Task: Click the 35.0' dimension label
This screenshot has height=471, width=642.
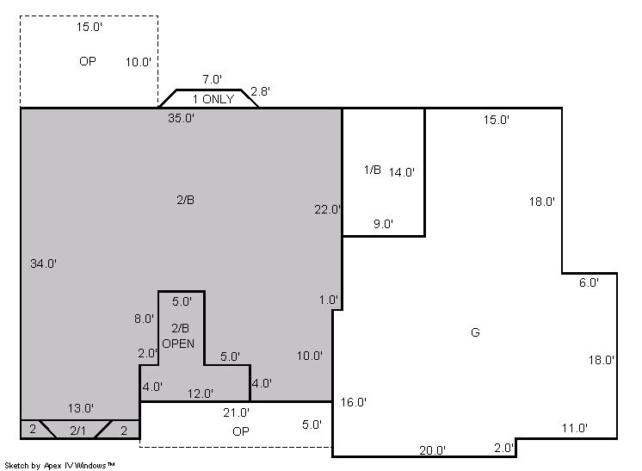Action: click(181, 118)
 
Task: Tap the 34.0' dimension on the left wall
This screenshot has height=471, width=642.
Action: click(43, 263)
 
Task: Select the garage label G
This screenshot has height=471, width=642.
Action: click(475, 332)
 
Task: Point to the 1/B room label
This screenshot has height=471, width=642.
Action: click(372, 169)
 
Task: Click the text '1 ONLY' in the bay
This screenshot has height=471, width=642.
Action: click(213, 99)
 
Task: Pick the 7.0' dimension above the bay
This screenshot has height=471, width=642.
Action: click(212, 79)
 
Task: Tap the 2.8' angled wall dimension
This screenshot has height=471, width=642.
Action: click(260, 91)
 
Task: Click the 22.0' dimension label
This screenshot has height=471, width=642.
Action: click(327, 209)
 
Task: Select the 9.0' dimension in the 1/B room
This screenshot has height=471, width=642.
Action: click(383, 224)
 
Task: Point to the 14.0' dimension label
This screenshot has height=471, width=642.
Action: click(402, 172)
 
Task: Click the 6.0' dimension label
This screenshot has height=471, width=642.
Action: click(589, 282)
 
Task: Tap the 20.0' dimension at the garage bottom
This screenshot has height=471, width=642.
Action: click(432, 450)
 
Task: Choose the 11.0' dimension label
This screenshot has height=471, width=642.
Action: click(574, 428)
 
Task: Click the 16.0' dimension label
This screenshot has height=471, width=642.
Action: click(354, 402)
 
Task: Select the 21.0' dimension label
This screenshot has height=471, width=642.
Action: click(237, 412)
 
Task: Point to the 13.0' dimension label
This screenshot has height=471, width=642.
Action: click(81, 408)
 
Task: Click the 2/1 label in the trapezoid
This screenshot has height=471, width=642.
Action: click(77, 431)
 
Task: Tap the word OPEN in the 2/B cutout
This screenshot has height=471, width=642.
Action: click(178, 344)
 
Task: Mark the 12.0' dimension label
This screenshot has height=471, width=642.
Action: click(201, 394)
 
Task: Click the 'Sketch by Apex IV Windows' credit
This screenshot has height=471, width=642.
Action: click(59, 465)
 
